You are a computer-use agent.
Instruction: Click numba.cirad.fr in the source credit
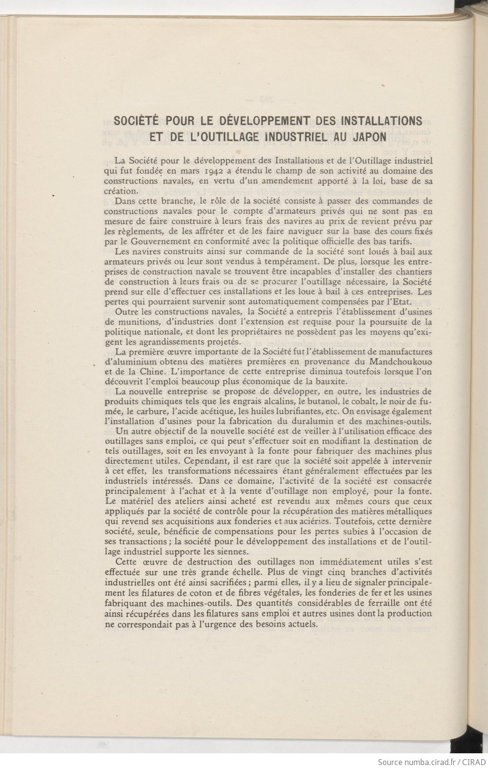pos(422,762)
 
